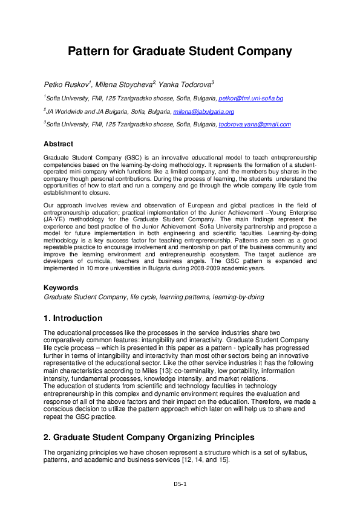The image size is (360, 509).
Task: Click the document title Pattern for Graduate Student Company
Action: tap(180, 51)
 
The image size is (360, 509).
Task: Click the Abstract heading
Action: tap(58, 144)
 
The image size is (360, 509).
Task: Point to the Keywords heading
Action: tap(61, 288)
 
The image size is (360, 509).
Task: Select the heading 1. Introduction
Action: tap(73, 319)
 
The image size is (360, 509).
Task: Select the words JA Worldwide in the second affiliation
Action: tap(65, 112)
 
